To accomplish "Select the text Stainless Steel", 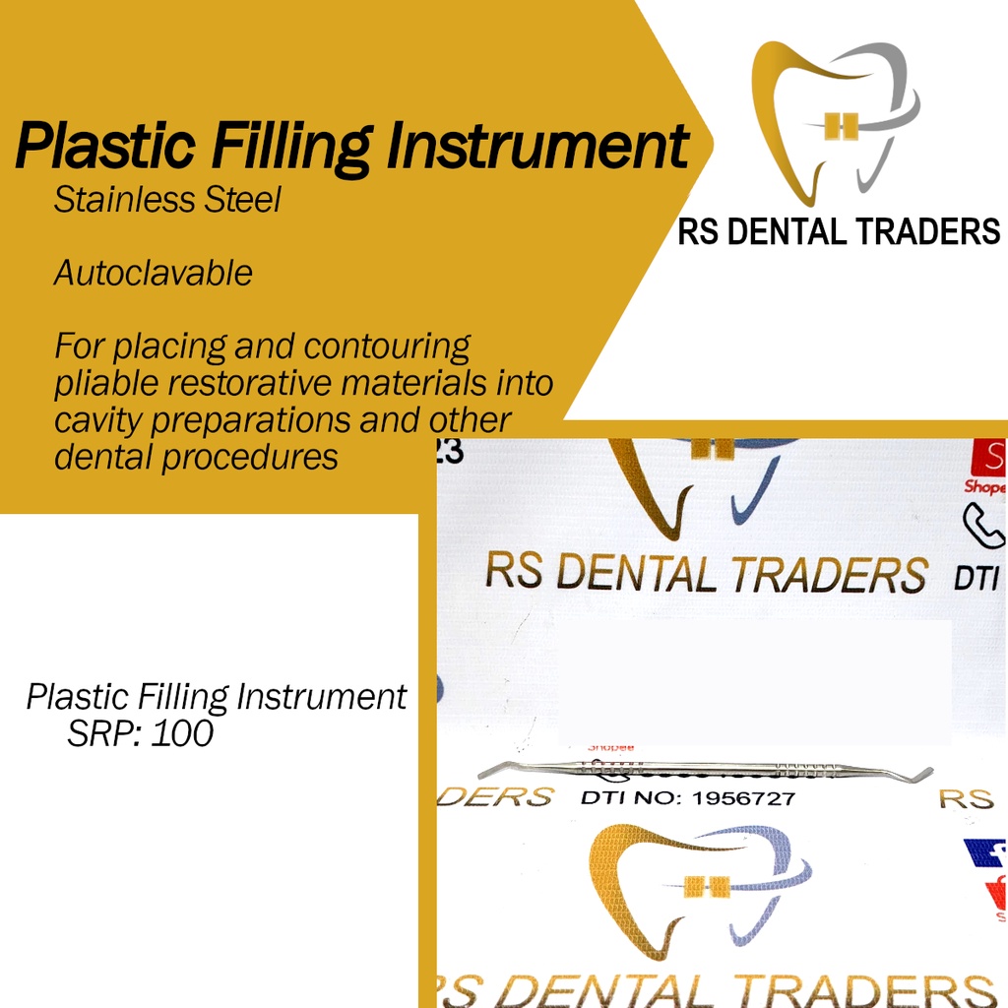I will pos(167,200).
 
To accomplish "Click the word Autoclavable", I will pos(153,273).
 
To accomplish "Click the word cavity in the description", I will pos(98,420).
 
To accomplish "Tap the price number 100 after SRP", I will pos(181,733).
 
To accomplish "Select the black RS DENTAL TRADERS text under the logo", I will pos(839,232).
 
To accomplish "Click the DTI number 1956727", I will pos(744,797).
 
